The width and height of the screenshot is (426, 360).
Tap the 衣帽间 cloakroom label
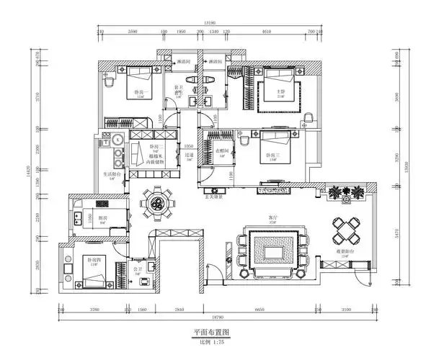[222, 150]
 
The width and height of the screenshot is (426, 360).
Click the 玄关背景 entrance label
[213, 195]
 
